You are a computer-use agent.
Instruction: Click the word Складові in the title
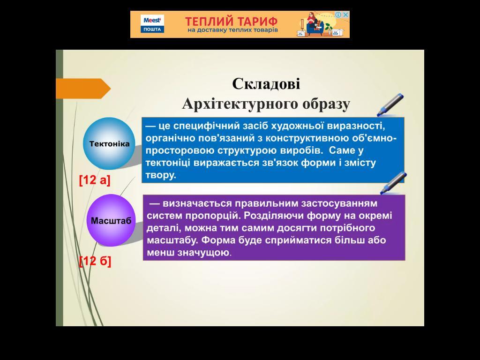[x=266, y=84]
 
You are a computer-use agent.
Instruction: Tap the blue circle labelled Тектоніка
[x=109, y=143]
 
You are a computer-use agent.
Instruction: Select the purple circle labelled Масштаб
[x=111, y=220]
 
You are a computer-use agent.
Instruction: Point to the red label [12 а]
[x=95, y=180]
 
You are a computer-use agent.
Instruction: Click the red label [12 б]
[x=95, y=261]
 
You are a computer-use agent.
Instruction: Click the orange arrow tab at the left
[x=82, y=89]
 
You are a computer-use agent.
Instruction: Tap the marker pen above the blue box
[x=391, y=104]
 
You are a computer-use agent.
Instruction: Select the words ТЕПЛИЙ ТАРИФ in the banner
[x=231, y=22]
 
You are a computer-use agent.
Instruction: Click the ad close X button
[x=346, y=15]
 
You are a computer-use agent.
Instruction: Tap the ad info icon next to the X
[x=338, y=15]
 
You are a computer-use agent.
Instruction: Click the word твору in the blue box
[x=160, y=175]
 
